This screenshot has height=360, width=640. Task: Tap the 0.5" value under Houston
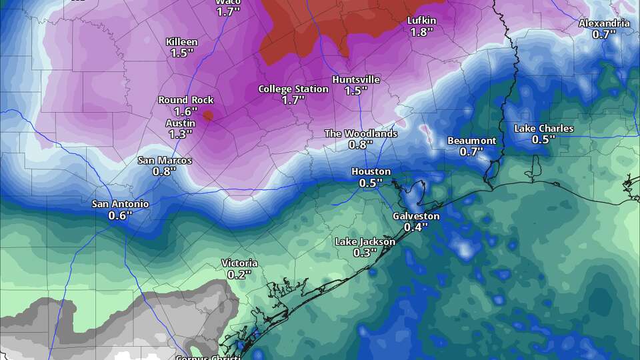coord(371,183)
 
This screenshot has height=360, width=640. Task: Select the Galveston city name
coord(416,216)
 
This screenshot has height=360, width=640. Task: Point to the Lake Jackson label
coord(365,241)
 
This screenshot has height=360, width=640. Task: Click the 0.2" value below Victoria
coord(239,275)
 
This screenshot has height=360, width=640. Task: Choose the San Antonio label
coord(121,204)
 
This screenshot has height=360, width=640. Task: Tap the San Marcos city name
coord(165,161)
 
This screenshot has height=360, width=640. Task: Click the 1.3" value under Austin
coord(180,134)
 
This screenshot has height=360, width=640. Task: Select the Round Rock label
coord(186,100)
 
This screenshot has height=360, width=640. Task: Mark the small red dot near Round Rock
coord(208,115)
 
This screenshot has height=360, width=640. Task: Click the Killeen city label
coord(181,42)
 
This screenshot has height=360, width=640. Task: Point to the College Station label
coord(293,89)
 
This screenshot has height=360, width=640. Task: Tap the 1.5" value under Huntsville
coord(356,91)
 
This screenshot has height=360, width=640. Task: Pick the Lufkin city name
coord(422,21)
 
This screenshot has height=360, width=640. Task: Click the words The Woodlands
coord(361,133)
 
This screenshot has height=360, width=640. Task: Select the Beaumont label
coord(471,141)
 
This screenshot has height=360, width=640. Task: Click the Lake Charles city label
coord(543,128)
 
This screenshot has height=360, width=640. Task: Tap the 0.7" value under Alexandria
coord(604,35)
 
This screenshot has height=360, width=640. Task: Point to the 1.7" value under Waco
coord(228,11)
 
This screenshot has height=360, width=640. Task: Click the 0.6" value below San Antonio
coord(121,215)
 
